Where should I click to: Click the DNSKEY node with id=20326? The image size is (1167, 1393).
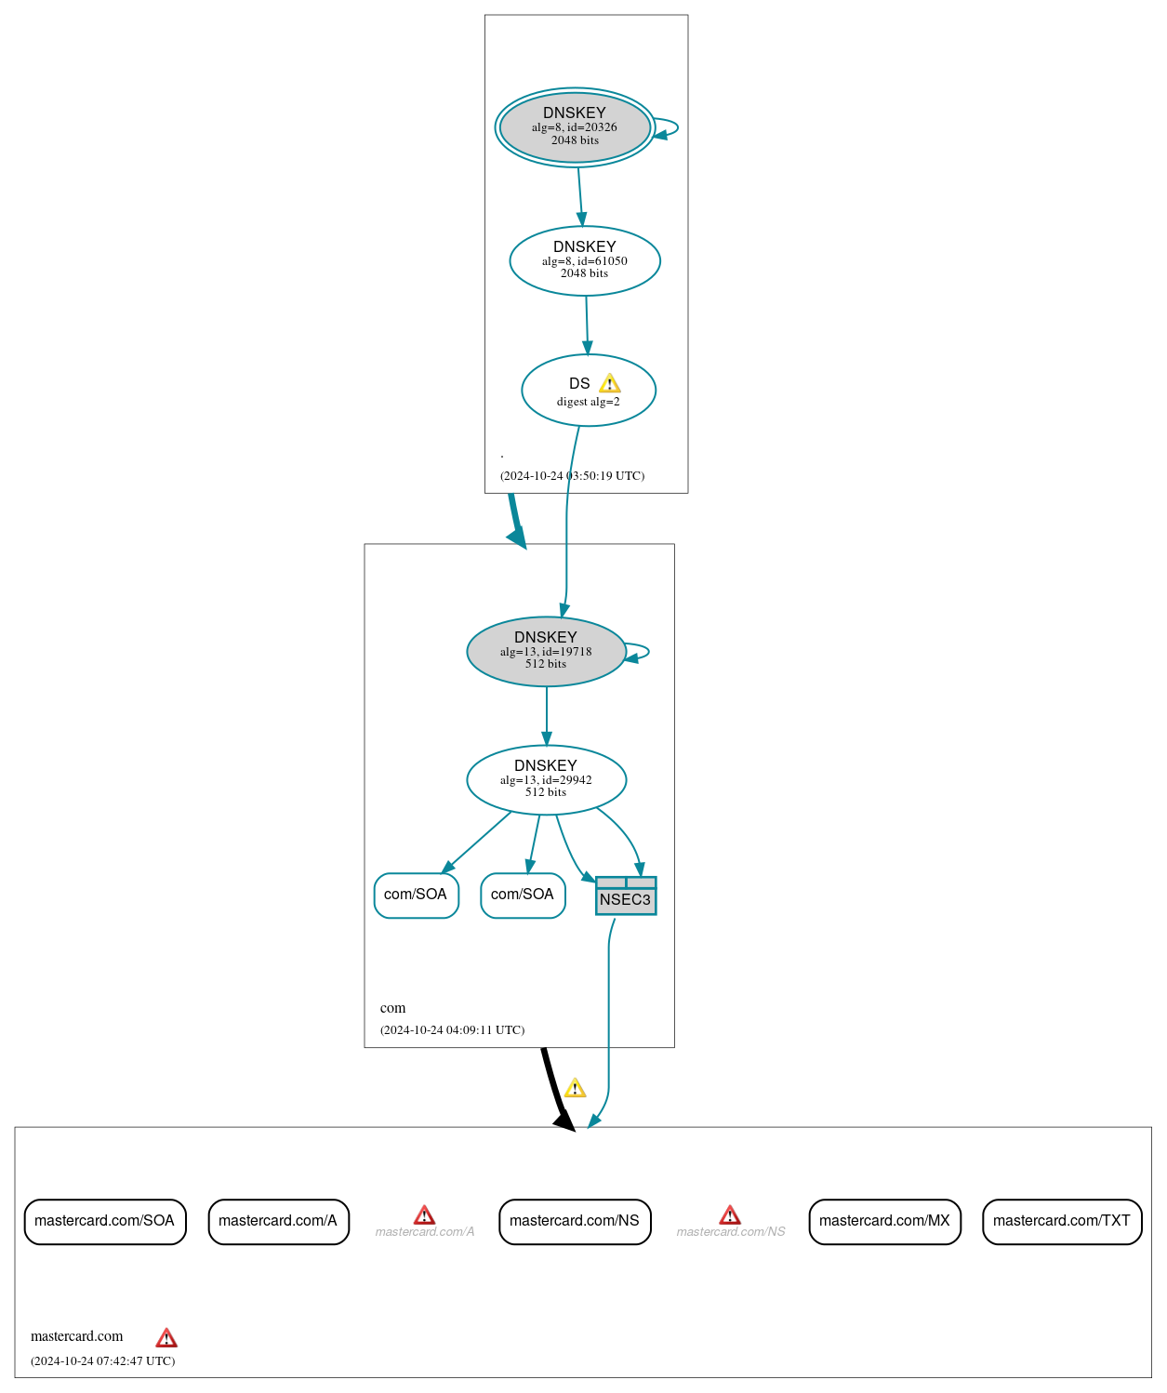coord(575,127)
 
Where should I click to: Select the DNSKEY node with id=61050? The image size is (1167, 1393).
coord(585,261)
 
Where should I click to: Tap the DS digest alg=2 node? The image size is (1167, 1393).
coord(588,391)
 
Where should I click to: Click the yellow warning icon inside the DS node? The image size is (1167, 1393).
coord(609,383)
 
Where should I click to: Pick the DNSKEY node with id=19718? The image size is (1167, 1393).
coord(546,652)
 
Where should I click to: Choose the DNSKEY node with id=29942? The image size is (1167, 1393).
coord(546,780)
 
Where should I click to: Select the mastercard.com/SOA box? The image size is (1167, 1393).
coord(105,1221)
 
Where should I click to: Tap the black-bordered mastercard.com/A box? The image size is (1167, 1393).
coord(278,1221)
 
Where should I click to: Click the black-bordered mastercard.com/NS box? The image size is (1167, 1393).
coord(575,1221)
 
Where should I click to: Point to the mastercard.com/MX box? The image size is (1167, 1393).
coord(884,1221)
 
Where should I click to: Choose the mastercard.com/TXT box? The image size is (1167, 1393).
coord(1062,1221)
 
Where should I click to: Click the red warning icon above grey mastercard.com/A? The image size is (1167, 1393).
coord(424,1215)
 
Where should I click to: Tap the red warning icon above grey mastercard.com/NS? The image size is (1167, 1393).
coord(730,1215)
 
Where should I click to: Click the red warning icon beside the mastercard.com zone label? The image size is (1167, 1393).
coord(166,1338)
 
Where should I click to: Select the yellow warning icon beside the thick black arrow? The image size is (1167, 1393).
coord(576,1088)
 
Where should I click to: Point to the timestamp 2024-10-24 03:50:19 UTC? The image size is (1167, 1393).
coord(572,476)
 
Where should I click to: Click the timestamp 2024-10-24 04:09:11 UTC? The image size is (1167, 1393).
coord(452,1030)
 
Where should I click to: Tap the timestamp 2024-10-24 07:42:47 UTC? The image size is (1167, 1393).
coord(102,1361)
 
